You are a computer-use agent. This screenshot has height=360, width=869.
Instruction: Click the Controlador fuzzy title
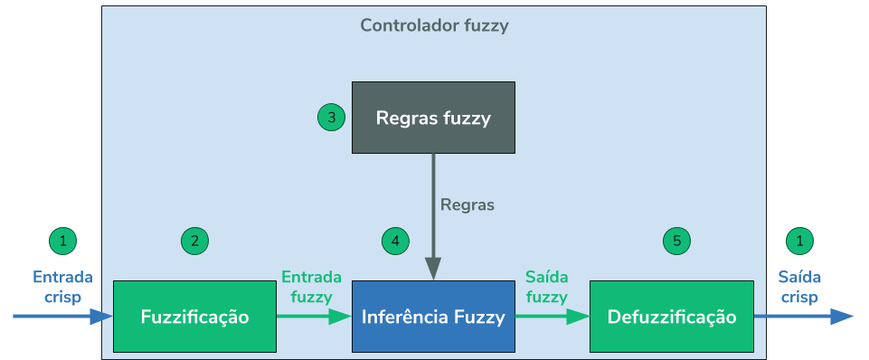(434, 25)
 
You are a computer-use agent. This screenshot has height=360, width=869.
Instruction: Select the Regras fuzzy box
(433, 118)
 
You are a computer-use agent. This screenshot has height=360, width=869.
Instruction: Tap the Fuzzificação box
(194, 317)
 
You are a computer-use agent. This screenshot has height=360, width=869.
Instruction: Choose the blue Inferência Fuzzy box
(433, 317)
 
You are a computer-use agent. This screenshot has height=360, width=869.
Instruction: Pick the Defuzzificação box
(671, 317)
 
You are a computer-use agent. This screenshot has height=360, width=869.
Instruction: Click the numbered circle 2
(194, 241)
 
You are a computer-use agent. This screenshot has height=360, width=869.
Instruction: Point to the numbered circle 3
(332, 118)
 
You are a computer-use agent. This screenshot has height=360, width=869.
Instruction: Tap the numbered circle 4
(395, 241)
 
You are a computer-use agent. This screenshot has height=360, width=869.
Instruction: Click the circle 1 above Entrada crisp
(62, 241)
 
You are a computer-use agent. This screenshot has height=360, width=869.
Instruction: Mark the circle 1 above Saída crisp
(799, 241)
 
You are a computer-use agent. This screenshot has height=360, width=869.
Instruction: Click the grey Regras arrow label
(468, 204)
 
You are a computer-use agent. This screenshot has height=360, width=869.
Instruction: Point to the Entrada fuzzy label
(312, 286)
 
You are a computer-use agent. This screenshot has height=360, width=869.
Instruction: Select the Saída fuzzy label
(547, 286)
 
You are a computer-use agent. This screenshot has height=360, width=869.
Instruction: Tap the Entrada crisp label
(62, 287)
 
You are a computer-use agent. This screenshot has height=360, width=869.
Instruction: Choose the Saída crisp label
(799, 287)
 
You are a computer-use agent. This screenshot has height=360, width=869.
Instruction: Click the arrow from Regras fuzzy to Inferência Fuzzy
(433, 217)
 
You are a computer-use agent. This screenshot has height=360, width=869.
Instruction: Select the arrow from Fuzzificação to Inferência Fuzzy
(313, 317)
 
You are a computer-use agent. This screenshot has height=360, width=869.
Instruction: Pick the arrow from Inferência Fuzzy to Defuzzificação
(552, 317)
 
